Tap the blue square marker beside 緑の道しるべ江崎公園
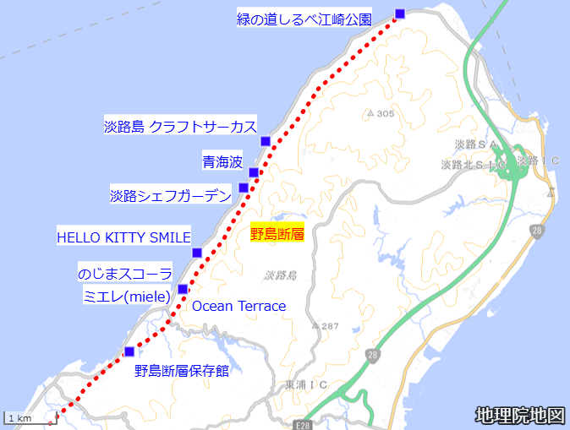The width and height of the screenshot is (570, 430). tap(400, 13)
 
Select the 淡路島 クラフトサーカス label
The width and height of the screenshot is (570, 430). tap(180, 127)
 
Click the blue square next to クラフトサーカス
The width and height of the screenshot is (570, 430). tap(265, 140)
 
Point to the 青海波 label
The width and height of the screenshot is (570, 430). tap(222, 161)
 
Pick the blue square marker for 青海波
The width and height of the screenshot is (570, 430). tap(254, 172)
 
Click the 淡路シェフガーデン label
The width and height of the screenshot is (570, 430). tap(171, 196)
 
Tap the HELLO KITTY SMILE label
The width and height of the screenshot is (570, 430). tap(123, 237)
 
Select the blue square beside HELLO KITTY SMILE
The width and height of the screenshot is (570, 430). tap(197, 253)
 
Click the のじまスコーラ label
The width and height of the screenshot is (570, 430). tap(125, 275)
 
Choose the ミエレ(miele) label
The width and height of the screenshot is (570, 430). tap(127, 295)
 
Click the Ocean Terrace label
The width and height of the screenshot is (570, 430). tap(238, 306)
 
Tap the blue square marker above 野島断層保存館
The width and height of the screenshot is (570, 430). tap(129, 351)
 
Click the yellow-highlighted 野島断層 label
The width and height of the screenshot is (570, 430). tap(277, 234)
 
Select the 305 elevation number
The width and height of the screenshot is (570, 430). tap(386, 114)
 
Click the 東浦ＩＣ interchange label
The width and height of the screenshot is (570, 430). tap(306, 385)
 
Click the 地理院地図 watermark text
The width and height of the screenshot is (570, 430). tap(519, 415)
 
